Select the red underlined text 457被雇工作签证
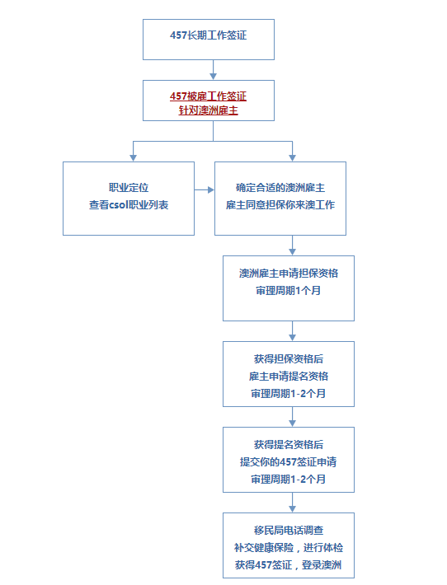pyautogui.click(x=208, y=95)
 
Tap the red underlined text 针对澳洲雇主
pyautogui.click(x=208, y=110)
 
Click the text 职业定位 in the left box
pyautogui.click(x=129, y=189)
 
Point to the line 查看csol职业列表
pyautogui.click(x=129, y=204)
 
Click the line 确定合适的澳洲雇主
pyautogui.click(x=280, y=189)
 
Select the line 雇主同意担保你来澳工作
pyautogui.click(x=280, y=204)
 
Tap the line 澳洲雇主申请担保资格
pyautogui.click(x=288, y=274)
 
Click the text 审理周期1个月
pyautogui.click(x=288, y=290)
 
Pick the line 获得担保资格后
pyautogui.click(x=288, y=359)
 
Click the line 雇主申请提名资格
pyautogui.click(x=288, y=376)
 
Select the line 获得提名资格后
pyautogui.click(x=288, y=444)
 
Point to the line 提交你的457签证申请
pyautogui.click(x=288, y=461)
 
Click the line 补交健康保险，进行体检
pyautogui.click(x=288, y=548)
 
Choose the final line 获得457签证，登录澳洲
pyautogui.click(x=288, y=565)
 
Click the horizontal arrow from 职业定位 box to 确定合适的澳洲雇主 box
pyautogui.click(x=205, y=190)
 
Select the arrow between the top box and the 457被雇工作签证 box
pyautogui.click(x=213, y=70)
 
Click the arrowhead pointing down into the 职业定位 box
pyautogui.click(x=133, y=156)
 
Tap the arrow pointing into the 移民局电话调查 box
pyautogui.click(x=292, y=503)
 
